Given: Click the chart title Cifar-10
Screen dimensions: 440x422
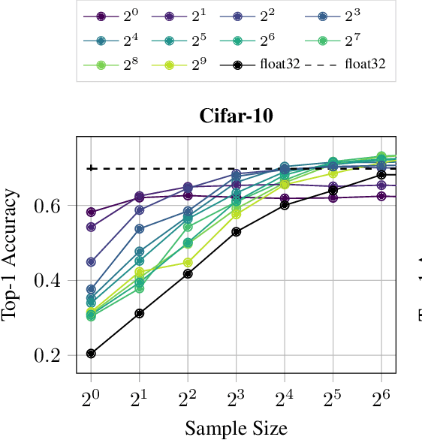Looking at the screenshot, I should coord(236,116).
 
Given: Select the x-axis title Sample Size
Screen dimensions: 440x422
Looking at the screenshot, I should coord(236,428).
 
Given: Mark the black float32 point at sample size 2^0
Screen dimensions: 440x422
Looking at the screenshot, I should coord(91,354).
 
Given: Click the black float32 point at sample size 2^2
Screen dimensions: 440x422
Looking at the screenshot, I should coord(188,274).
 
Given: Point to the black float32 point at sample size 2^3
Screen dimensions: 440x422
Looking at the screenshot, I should coord(236,232).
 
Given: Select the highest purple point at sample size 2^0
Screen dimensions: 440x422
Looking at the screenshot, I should coord(91,212).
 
